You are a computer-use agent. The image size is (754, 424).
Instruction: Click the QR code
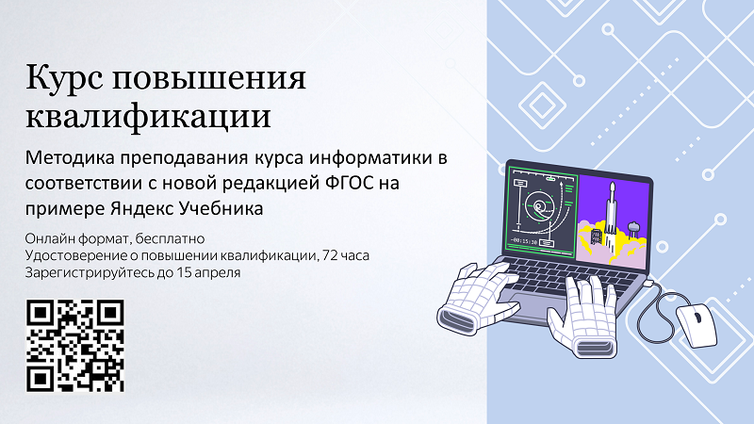click(x=75, y=345)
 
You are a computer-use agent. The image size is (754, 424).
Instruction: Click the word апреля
click(x=215, y=273)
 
